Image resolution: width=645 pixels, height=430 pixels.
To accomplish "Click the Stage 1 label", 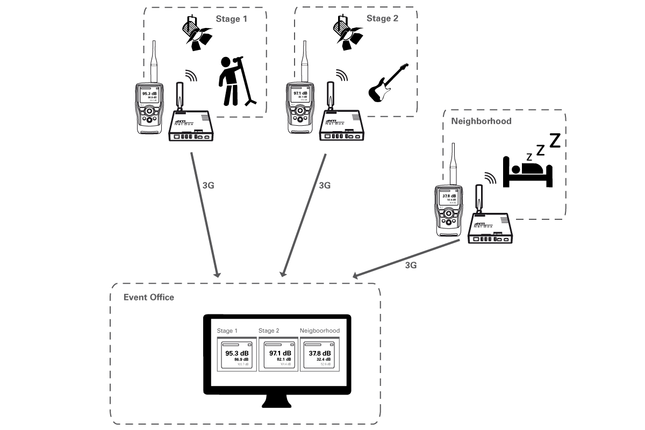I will (231, 19).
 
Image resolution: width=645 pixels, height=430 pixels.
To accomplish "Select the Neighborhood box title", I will (481, 121).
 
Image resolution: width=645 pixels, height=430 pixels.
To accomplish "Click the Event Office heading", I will (149, 297).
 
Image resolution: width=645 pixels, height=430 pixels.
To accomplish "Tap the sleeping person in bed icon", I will (527, 171).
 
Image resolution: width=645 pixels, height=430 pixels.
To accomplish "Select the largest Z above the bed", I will (554, 141).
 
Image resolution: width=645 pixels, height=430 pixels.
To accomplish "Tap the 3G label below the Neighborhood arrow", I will (411, 265).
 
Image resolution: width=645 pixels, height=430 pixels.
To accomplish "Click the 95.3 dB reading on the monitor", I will (236, 353).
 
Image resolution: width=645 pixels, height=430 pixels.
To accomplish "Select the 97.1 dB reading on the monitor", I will (279, 353).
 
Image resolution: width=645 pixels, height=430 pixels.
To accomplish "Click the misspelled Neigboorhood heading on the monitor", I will (319, 331).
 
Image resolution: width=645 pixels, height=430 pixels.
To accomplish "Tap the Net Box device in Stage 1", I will (191, 124).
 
